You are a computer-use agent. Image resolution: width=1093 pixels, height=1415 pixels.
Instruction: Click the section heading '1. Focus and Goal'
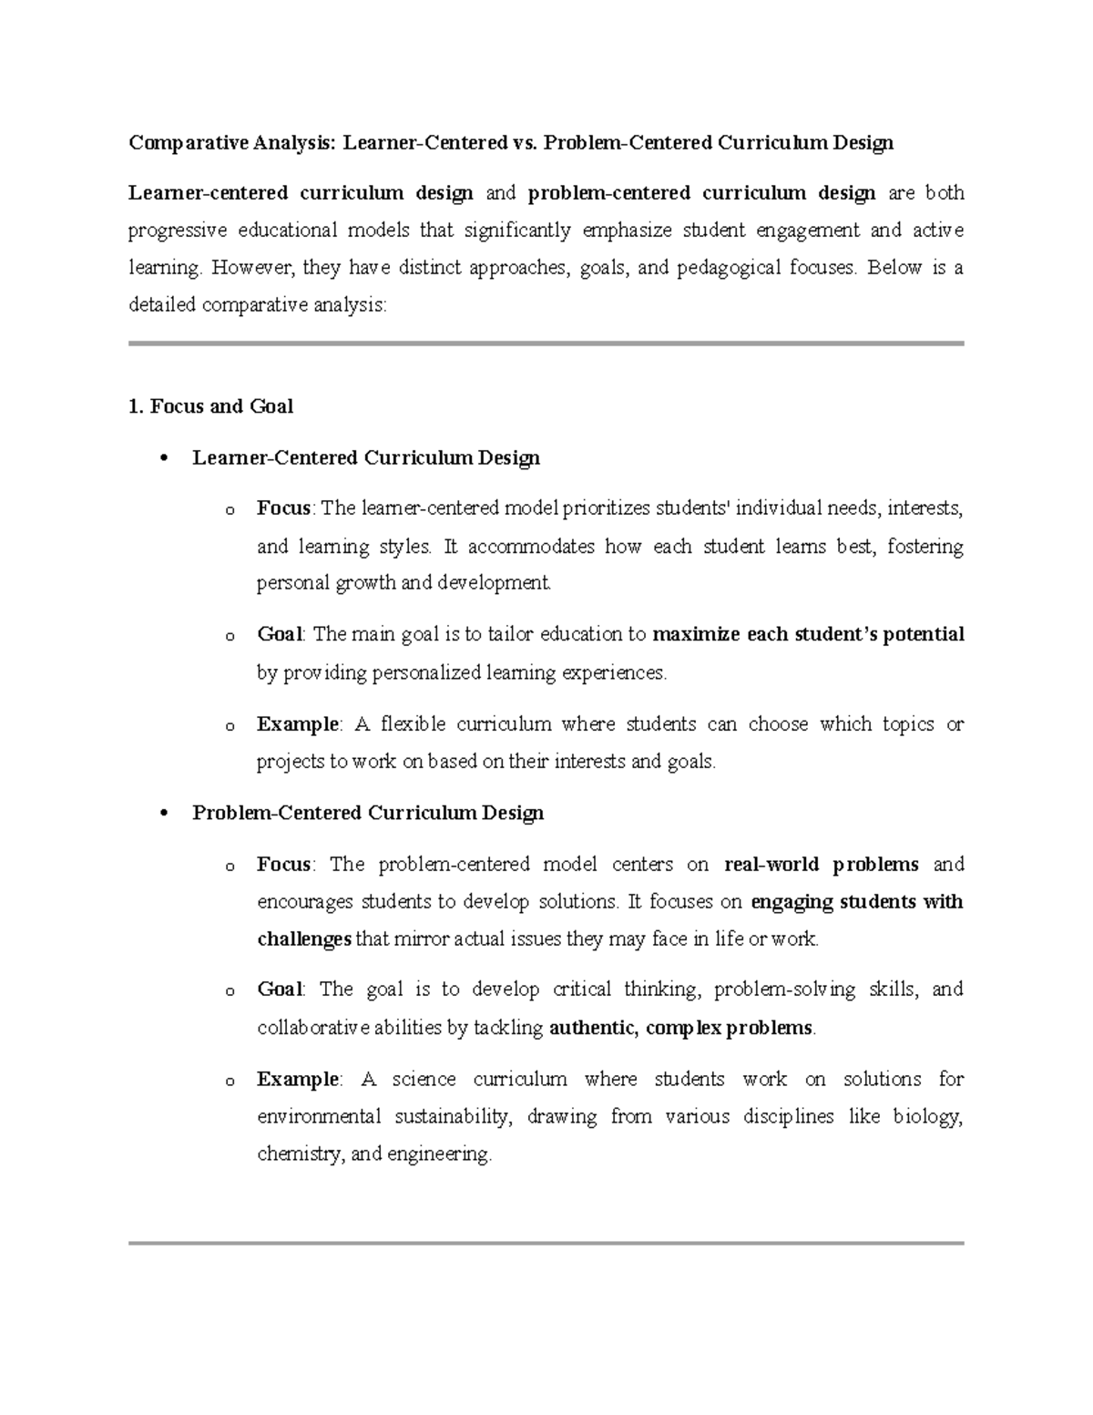(x=210, y=406)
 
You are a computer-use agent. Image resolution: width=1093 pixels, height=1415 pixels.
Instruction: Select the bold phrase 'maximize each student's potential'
(x=809, y=634)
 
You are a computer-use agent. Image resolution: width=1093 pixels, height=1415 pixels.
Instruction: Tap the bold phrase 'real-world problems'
(x=821, y=864)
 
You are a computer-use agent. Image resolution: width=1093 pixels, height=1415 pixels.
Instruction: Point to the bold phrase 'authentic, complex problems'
(x=681, y=1028)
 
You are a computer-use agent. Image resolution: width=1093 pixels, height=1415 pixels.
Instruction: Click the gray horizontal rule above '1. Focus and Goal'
(x=546, y=343)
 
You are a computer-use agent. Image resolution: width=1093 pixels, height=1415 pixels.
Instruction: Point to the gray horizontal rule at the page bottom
(x=546, y=1242)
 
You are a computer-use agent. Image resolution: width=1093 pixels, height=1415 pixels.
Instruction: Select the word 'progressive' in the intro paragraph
(x=177, y=231)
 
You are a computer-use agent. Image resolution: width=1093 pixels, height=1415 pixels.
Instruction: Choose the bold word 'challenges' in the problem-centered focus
(x=304, y=938)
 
